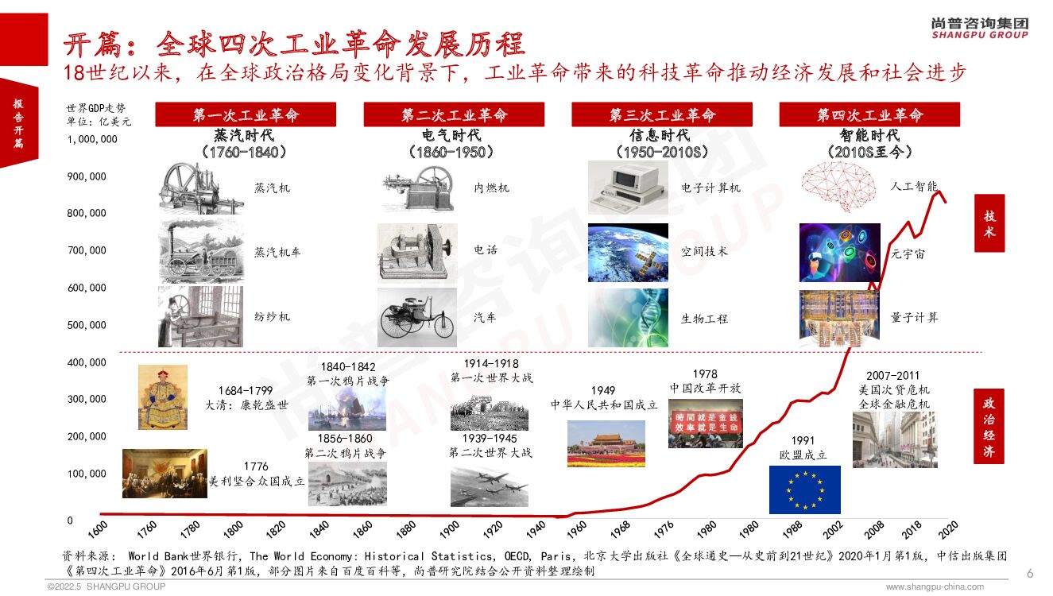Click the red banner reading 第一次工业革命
tap(245, 115)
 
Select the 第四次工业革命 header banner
tap(869, 115)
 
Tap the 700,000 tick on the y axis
tap(87, 250)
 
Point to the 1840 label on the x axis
tap(319, 529)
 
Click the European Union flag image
tap(804, 490)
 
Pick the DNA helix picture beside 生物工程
tap(628, 318)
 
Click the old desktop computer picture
tap(627, 188)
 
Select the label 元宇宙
tap(908, 253)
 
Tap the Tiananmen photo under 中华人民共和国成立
tap(606, 443)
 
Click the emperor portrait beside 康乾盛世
tap(163, 397)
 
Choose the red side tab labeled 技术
tap(989, 224)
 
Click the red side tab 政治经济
tap(989, 427)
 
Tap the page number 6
tap(1030, 574)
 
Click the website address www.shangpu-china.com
tap(935, 587)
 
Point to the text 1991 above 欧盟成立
tap(803, 440)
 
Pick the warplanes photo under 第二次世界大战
tap(489, 486)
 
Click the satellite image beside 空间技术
tap(628, 253)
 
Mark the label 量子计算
tap(914, 317)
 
